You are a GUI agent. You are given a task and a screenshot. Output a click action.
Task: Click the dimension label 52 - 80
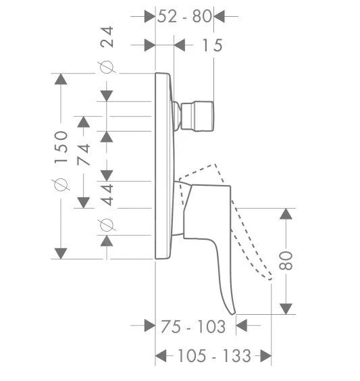184,16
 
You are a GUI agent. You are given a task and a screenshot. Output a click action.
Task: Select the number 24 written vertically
107,36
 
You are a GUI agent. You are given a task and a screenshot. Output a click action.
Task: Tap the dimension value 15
211,45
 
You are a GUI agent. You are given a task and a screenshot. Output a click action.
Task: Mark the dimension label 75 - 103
193,327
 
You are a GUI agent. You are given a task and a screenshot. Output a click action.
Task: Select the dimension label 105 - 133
214,355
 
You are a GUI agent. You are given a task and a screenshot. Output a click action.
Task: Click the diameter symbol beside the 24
107,67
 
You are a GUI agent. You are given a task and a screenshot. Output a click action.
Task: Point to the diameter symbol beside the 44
107,224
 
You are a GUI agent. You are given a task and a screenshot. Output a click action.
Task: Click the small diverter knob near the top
197,115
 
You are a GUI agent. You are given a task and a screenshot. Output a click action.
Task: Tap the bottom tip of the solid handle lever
232,312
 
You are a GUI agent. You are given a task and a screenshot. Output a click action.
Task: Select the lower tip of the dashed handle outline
270,277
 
